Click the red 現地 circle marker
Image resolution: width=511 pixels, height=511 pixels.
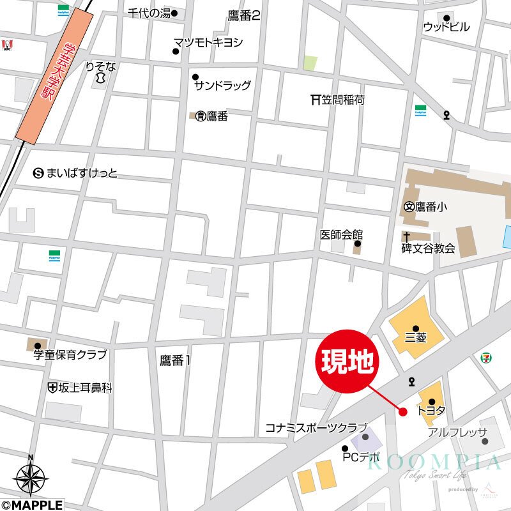[348, 362]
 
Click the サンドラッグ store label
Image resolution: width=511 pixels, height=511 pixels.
[223, 86]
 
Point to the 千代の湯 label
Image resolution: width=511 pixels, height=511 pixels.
[149, 13]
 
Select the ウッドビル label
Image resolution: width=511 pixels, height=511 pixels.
[446, 27]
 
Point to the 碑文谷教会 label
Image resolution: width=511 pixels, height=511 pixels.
[428, 248]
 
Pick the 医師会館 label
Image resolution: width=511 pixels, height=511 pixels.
[342, 234]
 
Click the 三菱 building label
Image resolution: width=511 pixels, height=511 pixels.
[416, 338]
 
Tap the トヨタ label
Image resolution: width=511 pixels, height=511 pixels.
[431, 412]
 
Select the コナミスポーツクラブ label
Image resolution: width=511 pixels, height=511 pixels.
[317, 428]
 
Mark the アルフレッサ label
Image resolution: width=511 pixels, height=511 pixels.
[457, 432]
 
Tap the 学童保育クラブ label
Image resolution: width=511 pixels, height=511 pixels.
[70, 355]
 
